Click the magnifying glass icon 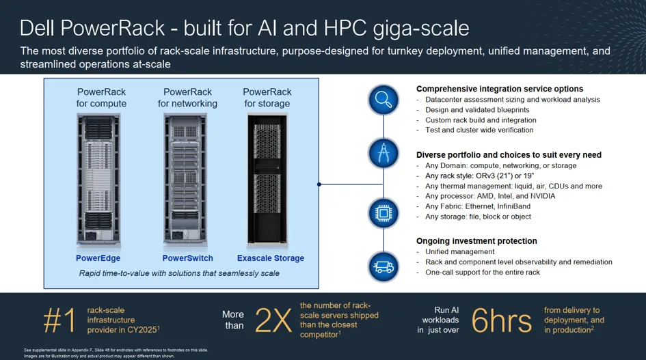pos(383,100)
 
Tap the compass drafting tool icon pos(383,153)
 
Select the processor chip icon pos(383,213)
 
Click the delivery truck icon pos(383,266)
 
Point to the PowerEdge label pos(98,258)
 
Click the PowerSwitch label pos(187,258)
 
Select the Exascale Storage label pos(271,258)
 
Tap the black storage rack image pos(267,180)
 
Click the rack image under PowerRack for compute pos(98,180)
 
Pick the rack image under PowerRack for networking pos(185,180)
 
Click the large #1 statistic pos(59,320)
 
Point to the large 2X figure pos(273,320)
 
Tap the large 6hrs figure pos(501,320)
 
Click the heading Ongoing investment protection pos(476,241)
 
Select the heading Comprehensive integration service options pos(500,89)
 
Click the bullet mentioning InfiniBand pos(478,206)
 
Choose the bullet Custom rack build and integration pos(481,120)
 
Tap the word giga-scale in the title pos(420,29)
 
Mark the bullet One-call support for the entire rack pos(483,273)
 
